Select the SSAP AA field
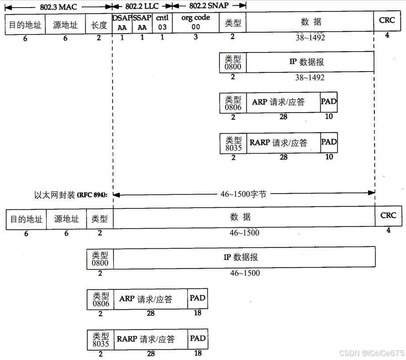pyautogui.click(x=142, y=23)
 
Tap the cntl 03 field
pyautogui.click(x=162, y=23)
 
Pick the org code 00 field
pyautogui.click(x=195, y=23)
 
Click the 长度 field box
pyautogui.click(x=99, y=25)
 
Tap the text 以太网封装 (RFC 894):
pyautogui.click(x=73, y=195)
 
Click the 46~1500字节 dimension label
pyautogui.click(x=243, y=194)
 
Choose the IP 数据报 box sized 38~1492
pyautogui.click(x=310, y=62)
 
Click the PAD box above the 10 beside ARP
pyautogui.click(x=329, y=102)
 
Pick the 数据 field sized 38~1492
pyautogui.click(x=310, y=22)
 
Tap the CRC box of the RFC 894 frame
pyautogui.click(x=388, y=216)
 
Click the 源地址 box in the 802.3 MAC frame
pyautogui.click(x=65, y=25)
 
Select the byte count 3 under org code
pyautogui.click(x=196, y=37)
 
